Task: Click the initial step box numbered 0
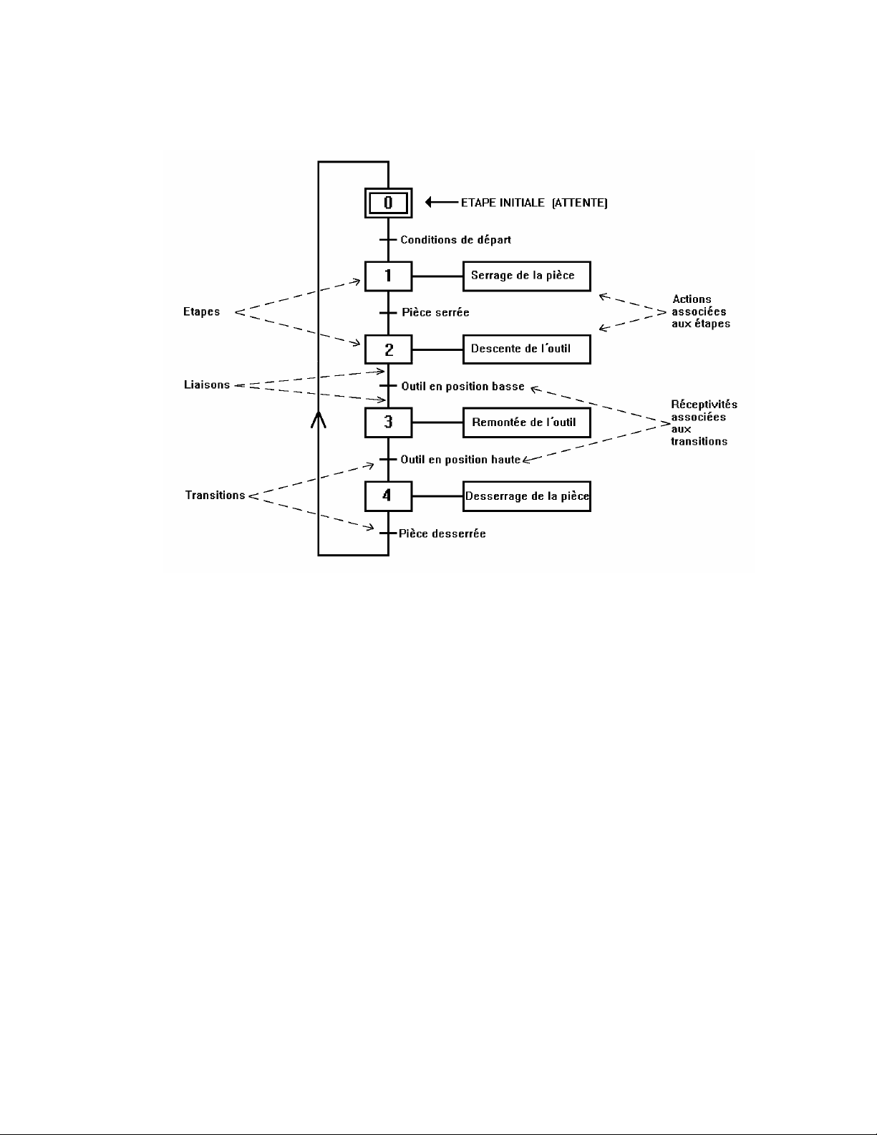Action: point(388,203)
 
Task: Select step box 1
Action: point(388,276)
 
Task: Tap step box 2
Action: point(388,349)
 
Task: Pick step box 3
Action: point(388,422)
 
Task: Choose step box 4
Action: point(388,496)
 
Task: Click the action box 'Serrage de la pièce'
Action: point(526,276)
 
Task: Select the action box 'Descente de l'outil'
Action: point(526,349)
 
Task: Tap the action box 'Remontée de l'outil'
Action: point(526,422)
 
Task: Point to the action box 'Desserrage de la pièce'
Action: point(526,496)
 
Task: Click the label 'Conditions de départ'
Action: point(455,240)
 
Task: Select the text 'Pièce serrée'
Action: point(435,313)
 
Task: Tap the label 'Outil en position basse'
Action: point(462,387)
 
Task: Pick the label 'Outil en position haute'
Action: point(460,460)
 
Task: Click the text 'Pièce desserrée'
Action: point(442,533)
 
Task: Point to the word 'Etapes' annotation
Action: point(201,312)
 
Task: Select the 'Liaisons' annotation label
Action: point(207,385)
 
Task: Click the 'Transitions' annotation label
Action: point(215,496)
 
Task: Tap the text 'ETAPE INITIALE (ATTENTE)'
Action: point(534,203)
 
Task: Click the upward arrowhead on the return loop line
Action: point(319,419)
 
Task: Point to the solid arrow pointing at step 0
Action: point(440,203)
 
